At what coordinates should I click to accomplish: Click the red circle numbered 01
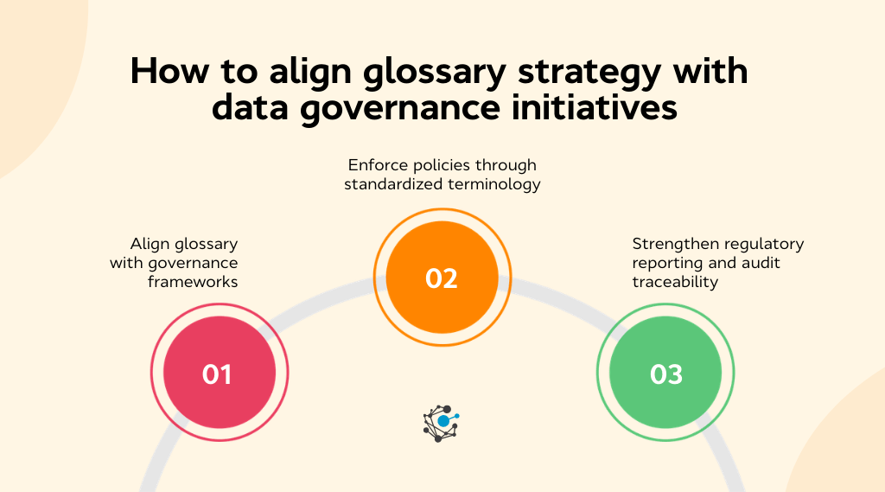[x=219, y=374]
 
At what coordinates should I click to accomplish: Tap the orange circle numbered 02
[x=442, y=278]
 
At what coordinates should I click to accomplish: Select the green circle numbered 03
[x=665, y=374]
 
